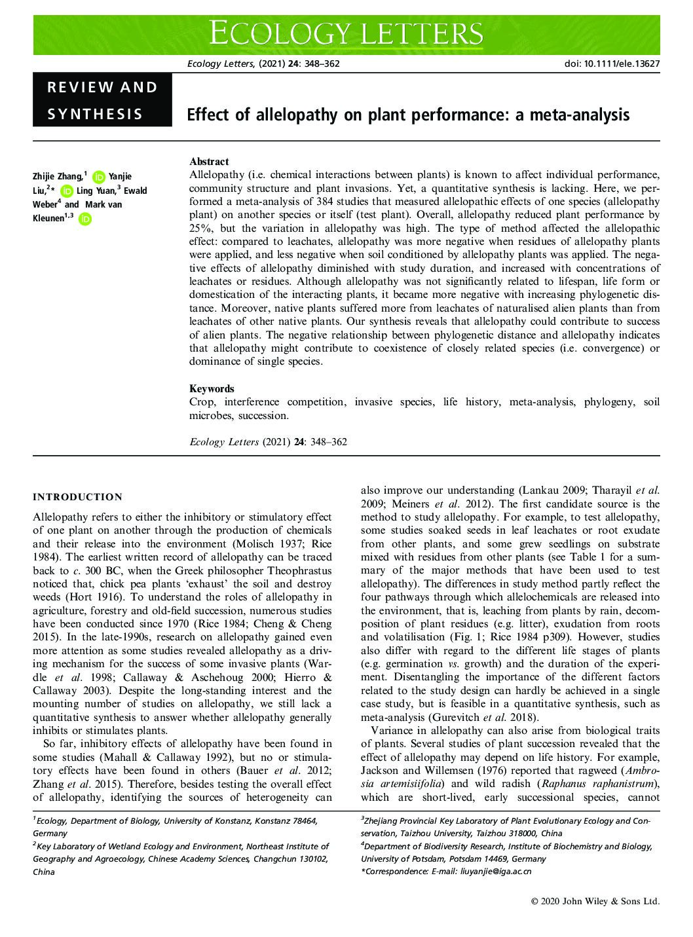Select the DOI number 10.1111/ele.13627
(611, 64)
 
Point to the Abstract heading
(209, 162)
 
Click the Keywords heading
(212, 388)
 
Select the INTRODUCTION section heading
(77, 497)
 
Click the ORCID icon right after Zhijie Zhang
(99, 177)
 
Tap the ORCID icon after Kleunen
(84, 219)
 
